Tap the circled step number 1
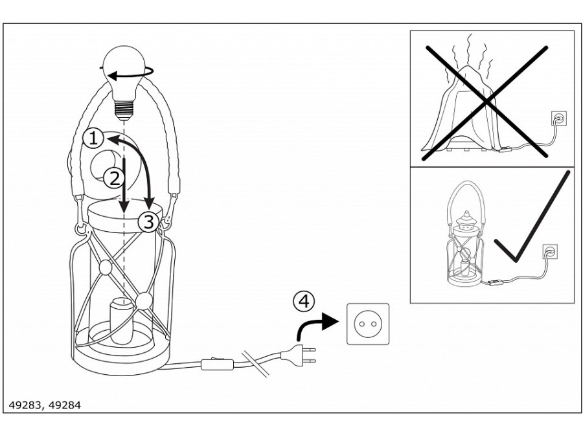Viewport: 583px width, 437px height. (x=93, y=137)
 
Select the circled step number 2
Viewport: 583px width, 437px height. (x=111, y=175)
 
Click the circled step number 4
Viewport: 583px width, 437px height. (x=304, y=301)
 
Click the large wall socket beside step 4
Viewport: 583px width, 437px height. (x=368, y=323)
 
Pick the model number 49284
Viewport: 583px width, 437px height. (x=65, y=405)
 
